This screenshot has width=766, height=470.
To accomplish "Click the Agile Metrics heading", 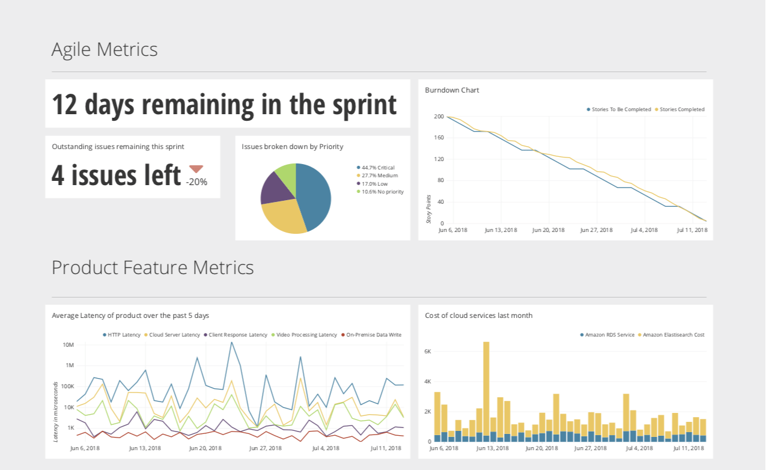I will [x=105, y=49].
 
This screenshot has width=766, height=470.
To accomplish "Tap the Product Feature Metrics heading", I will [x=153, y=267].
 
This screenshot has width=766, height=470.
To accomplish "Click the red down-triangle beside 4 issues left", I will [x=196, y=169].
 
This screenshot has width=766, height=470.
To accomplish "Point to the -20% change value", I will [x=196, y=182].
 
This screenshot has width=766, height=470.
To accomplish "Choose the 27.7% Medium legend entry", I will [x=379, y=175].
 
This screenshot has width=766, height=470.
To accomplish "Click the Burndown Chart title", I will [x=452, y=90].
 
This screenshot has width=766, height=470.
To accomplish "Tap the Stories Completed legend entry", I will [x=681, y=109].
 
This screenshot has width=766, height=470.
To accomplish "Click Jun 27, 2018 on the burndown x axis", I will [x=596, y=230].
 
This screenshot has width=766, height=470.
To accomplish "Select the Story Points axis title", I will [x=429, y=209].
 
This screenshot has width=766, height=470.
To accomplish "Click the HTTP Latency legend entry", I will [x=124, y=335].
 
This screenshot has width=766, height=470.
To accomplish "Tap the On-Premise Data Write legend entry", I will [x=373, y=335].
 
